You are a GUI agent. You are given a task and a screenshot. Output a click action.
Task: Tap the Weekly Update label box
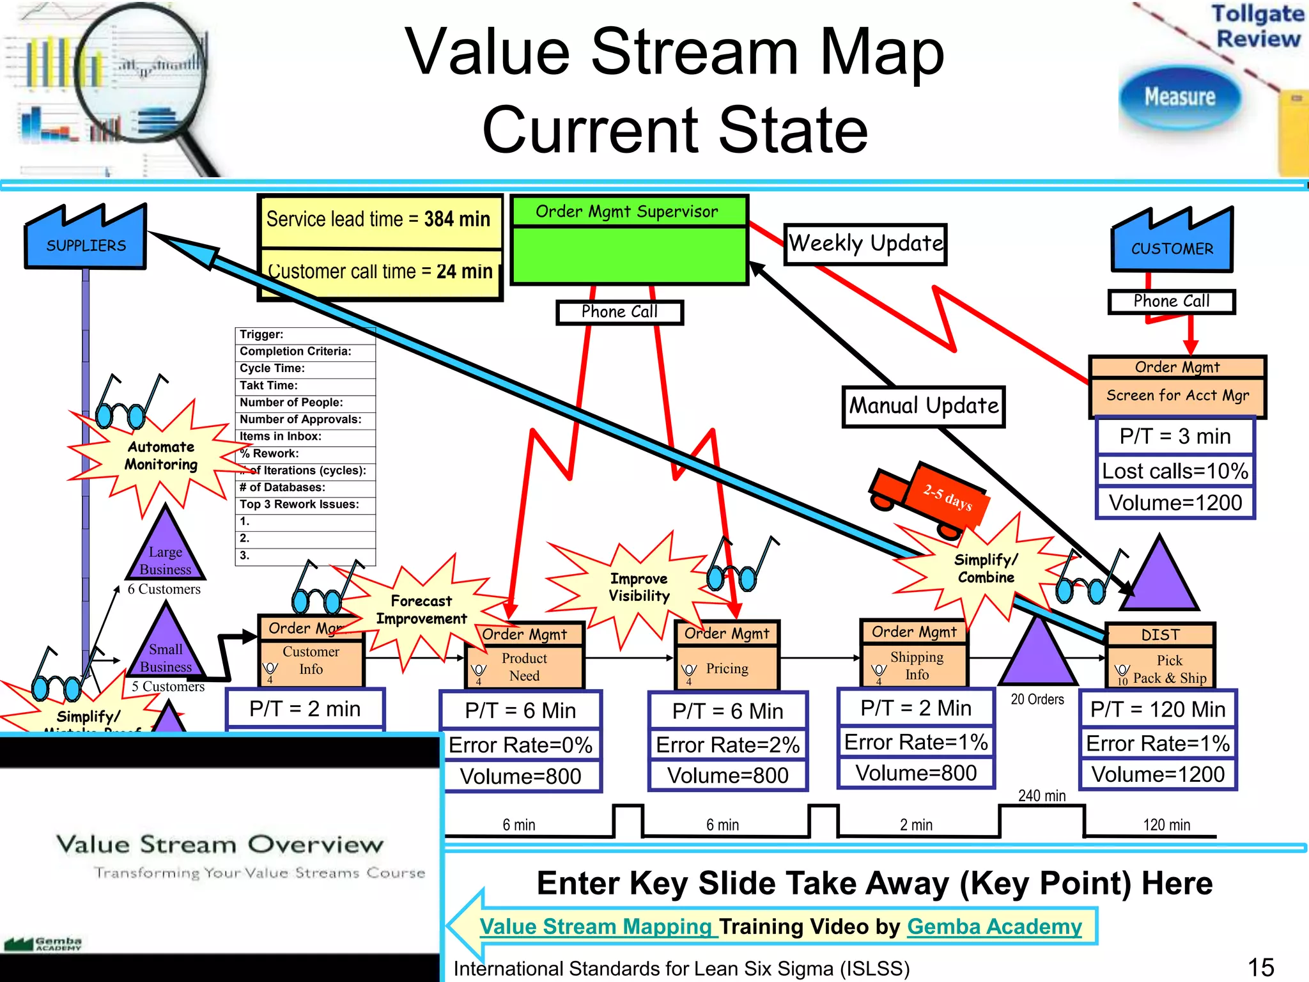point(865,244)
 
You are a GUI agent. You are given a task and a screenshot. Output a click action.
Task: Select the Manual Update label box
point(923,406)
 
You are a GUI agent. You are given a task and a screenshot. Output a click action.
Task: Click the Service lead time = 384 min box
point(379,220)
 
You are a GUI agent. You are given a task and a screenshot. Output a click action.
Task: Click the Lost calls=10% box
point(1175,471)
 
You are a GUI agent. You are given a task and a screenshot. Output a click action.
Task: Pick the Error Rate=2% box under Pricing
point(727,745)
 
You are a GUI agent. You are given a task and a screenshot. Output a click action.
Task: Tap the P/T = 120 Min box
point(1158,709)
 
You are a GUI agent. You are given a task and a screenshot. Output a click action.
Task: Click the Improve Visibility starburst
point(639,587)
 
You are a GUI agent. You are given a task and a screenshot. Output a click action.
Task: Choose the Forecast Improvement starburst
point(421,610)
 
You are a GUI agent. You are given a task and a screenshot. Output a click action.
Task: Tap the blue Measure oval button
point(1179,97)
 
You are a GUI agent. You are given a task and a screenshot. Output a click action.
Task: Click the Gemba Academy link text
point(994,926)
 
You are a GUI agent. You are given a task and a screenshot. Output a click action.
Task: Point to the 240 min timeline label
point(1041,796)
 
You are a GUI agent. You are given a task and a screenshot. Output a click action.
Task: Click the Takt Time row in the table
point(305,386)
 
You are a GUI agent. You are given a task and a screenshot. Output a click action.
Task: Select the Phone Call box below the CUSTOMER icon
point(1171,301)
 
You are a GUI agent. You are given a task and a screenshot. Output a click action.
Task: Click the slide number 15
point(1260,967)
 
